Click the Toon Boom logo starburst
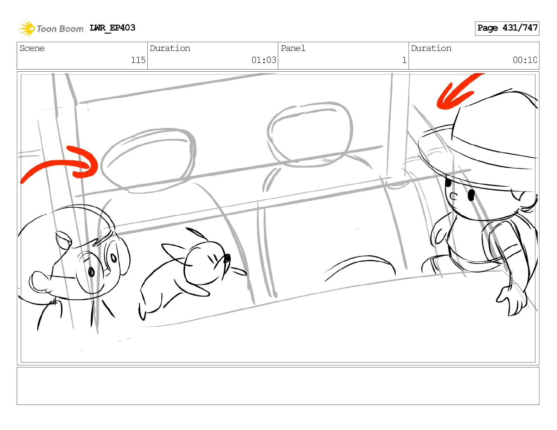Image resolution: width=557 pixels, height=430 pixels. point(27,28)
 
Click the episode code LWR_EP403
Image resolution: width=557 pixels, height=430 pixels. point(112,28)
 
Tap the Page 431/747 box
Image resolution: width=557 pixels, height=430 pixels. point(507,28)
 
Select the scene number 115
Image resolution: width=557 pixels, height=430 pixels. point(138,60)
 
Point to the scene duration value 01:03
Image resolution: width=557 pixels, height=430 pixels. point(264,60)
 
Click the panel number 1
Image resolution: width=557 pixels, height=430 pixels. point(404,60)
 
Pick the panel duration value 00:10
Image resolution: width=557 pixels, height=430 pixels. point(525,60)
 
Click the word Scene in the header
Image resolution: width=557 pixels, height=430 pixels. point(32,48)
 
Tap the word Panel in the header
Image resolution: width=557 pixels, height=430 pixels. point(293,48)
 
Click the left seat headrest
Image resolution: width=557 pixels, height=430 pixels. point(148,160)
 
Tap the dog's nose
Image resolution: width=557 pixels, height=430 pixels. point(227,258)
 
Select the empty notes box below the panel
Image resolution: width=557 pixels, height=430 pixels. point(278,386)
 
